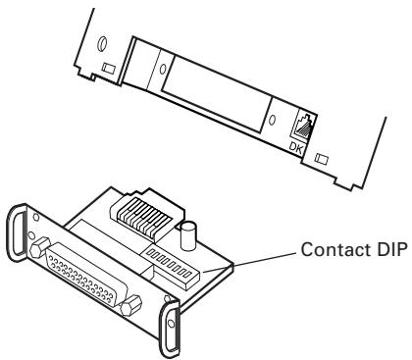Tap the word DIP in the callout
(x=391, y=249)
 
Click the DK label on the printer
(x=296, y=147)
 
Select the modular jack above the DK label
(x=303, y=125)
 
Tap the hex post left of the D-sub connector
(x=40, y=249)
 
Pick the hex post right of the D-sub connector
(x=131, y=305)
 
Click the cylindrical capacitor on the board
(x=188, y=235)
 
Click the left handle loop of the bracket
(x=17, y=234)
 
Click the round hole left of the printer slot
(x=102, y=43)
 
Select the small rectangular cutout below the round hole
(x=108, y=68)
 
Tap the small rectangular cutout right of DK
(x=321, y=159)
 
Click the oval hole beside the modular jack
(x=272, y=120)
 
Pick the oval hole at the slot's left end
(x=163, y=69)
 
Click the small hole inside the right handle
(x=170, y=324)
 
